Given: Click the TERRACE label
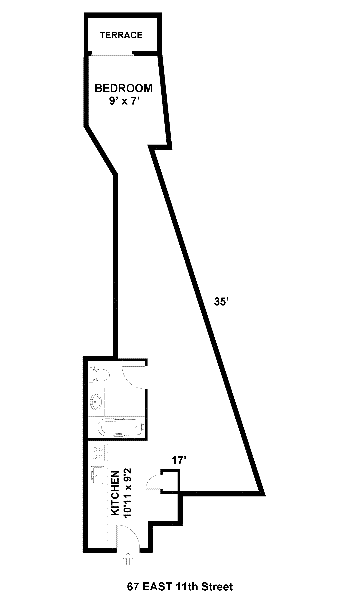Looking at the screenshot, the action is [x=121, y=35].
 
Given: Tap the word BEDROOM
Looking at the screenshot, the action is [x=123, y=88].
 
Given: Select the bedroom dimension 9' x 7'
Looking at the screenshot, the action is [x=123, y=102].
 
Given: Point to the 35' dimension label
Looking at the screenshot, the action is [x=221, y=302].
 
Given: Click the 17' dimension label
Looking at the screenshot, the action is [x=179, y=460].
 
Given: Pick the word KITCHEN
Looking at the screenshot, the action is [x=115, y=493].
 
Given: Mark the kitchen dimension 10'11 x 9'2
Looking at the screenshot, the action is [x=128, y=494].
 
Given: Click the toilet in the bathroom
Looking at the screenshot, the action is [x=100, y=374].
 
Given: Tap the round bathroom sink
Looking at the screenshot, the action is [x=96, y=401].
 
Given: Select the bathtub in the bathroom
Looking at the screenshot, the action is [x=121, y=428].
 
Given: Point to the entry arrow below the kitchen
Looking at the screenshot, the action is [x=128, y=559].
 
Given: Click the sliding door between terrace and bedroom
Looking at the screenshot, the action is [x=112, y=55].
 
